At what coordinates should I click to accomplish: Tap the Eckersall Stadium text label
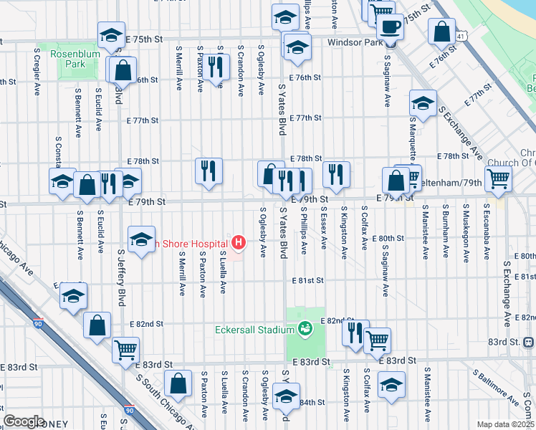point(254,330)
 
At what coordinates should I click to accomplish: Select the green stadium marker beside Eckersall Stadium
point(305,329)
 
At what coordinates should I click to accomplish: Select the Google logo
point(23,421)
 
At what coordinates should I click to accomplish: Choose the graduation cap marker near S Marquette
point(423,103)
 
